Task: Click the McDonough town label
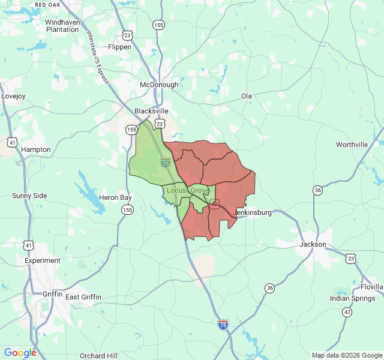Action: point(159,85)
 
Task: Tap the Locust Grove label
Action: point(188,190)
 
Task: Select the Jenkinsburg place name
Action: point(252,212)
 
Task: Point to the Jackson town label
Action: point(313,244)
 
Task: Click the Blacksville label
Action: point(151,111)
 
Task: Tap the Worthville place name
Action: point(352,145)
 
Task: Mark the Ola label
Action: point(247,96)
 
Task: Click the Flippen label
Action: point(119,47)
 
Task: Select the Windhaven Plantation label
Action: point(62,25)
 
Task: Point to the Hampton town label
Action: point(36,149)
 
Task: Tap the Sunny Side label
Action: point(29,196)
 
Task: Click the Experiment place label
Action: point(43,260)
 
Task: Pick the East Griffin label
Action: point(83,297)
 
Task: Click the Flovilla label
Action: point(372,287)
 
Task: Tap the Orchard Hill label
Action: point(100,355)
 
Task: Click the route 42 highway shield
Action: point(347,312)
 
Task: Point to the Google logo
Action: point(20,353)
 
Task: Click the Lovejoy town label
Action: point(13,96)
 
